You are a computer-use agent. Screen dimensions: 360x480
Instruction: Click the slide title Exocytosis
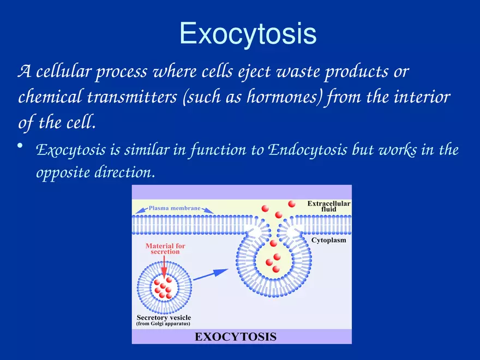248,33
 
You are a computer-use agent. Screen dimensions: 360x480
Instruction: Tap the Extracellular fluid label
328,206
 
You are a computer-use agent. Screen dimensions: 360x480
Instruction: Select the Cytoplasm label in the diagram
328,240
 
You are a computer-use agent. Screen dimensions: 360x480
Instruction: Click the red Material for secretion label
165,249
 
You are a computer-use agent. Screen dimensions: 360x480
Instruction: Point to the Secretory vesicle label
164,317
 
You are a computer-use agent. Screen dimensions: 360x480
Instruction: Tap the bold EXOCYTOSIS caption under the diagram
236,336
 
